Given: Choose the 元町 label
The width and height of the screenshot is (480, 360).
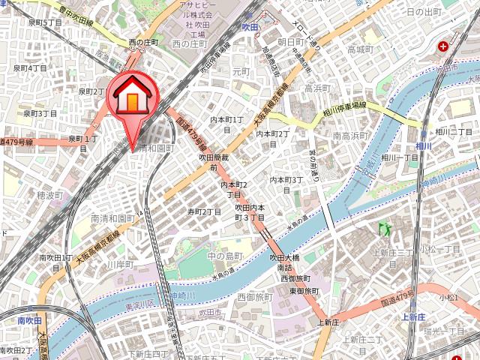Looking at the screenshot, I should click(x=241, y=72).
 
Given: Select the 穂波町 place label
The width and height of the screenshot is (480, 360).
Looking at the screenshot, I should click(x=49, y=195).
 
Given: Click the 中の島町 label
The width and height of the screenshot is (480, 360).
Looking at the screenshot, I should click(x=225, y=256).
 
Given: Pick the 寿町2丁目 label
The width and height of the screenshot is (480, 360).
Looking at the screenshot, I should click(x=204, y=211).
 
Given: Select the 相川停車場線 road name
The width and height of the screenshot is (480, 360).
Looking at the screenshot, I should click(x=344, y=108).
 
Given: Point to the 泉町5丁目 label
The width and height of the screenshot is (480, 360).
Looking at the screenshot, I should click(x=44, y=22).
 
